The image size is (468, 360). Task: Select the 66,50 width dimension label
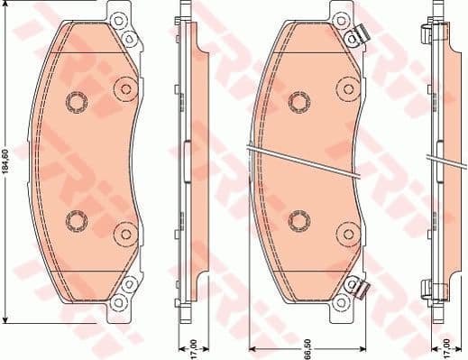click(x=309, y=344)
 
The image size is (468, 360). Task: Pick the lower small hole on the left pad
click(x=77, y=220)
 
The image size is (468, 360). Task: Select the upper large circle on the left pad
click(x=124, y=88)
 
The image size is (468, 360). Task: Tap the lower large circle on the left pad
click(x=124, y=234)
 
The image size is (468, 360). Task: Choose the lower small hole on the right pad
click(x=298, y=219)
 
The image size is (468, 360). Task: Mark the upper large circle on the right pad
click(x=345, y=88)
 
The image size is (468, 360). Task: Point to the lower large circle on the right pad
click(x=345, y=234)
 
